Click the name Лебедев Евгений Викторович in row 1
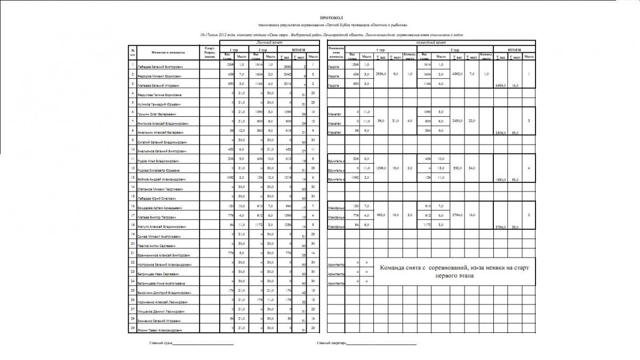[160, 68]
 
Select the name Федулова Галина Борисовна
[158, 95]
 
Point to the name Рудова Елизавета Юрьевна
[159, 170]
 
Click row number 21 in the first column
[132, 253]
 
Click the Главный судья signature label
[161, 343]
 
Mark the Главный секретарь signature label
[331, 343]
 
